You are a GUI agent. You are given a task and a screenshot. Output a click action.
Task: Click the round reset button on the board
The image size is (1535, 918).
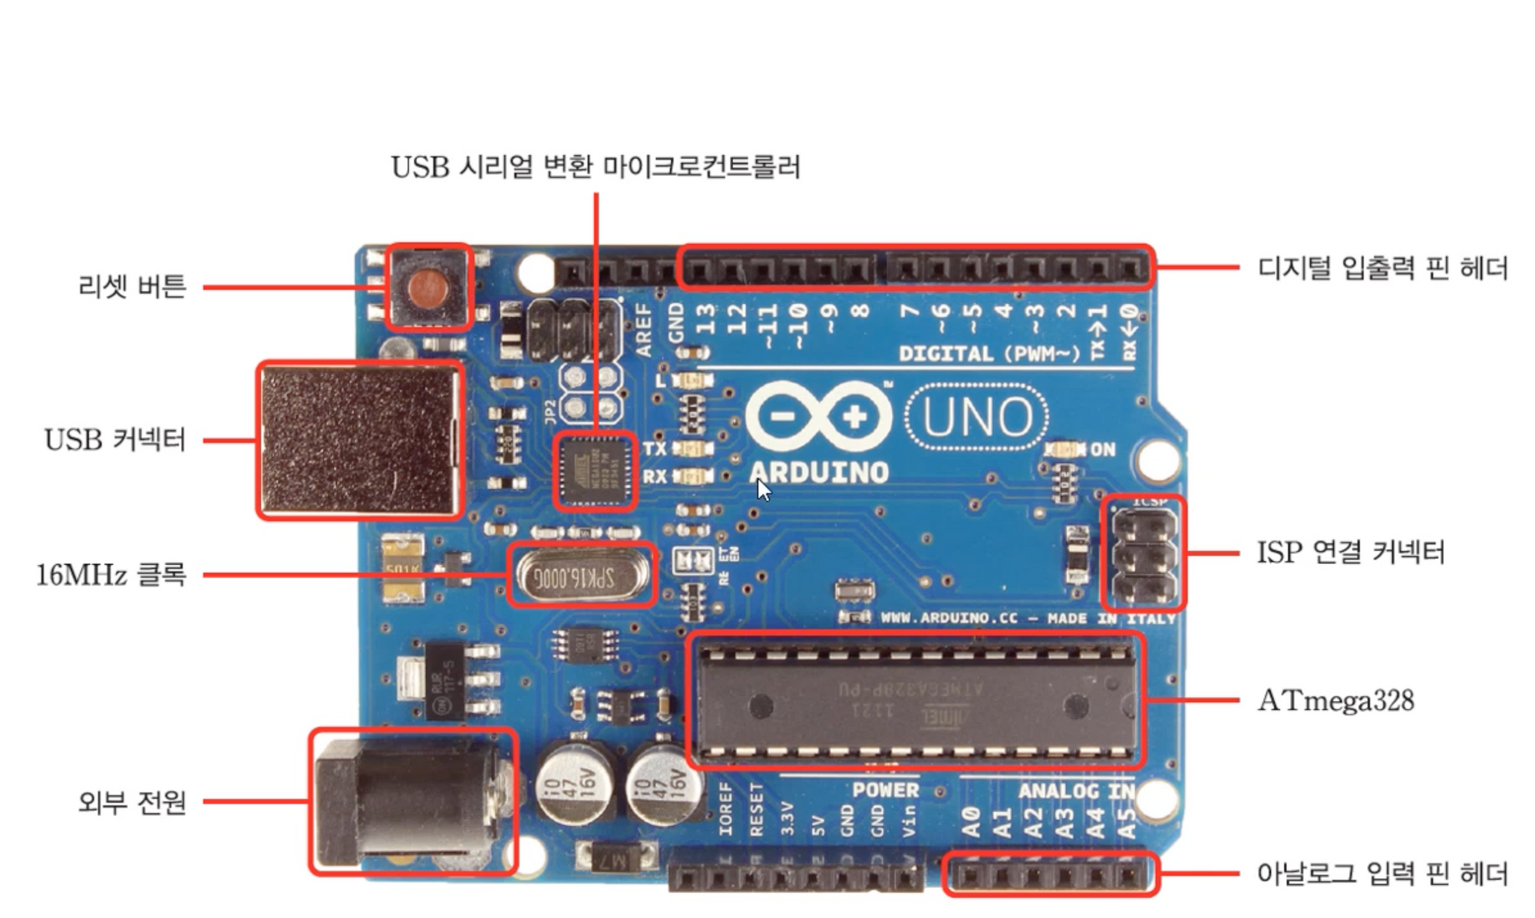coord(427,288)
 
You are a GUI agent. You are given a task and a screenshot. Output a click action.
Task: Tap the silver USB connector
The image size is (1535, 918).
coord(359,441)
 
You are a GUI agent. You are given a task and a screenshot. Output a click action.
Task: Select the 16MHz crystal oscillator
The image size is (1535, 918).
coord(581,576)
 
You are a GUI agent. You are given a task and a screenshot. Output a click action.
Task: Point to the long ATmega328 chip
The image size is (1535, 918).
coord(915,701)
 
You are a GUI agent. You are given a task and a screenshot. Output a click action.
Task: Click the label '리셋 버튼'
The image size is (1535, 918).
coord(132,286)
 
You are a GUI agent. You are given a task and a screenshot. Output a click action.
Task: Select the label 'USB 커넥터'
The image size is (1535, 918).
coord(115,440)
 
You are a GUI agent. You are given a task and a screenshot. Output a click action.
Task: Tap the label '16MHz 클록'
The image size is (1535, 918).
coord(111,574)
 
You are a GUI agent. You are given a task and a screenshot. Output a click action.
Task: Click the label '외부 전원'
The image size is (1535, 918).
coord(132,802)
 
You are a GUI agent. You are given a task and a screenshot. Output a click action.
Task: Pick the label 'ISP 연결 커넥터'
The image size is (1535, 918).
coord(1350,552)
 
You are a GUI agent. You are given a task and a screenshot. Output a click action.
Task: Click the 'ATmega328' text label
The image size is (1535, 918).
coord(1335,700)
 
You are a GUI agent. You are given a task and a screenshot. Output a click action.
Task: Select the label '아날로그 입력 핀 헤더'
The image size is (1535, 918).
coord(1381,873)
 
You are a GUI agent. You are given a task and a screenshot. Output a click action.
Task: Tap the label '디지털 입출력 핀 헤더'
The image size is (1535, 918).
coord(1381,268)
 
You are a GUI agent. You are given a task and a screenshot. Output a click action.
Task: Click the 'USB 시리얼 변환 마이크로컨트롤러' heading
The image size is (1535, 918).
coord(596,167)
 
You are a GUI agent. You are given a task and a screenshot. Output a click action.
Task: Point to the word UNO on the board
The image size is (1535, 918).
coord(977,417)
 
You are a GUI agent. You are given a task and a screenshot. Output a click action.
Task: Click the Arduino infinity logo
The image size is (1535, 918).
coord(818,417)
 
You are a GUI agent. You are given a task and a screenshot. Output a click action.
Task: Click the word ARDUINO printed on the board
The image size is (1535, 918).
coord(818,472)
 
